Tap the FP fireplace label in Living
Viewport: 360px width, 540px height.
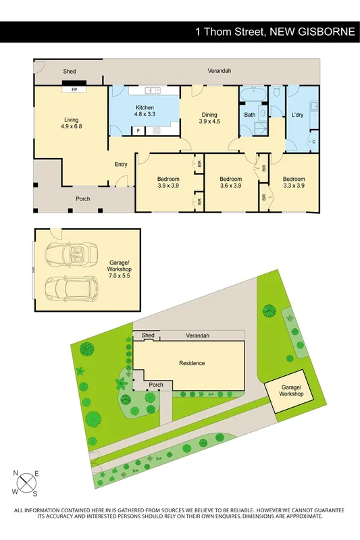click(x=70, y=88)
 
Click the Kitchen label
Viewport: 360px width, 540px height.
click(x=145, y=108)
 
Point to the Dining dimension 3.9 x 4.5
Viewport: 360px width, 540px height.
click(x=209, y=122)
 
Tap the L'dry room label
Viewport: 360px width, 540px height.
click(x=297, y=115)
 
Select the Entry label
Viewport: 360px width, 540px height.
click(x=121, y=164)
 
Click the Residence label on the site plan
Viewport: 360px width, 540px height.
click(x=192, y=363)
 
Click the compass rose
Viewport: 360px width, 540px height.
click(x=26, y=482)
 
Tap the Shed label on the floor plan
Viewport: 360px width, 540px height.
click(x=70, y=71)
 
